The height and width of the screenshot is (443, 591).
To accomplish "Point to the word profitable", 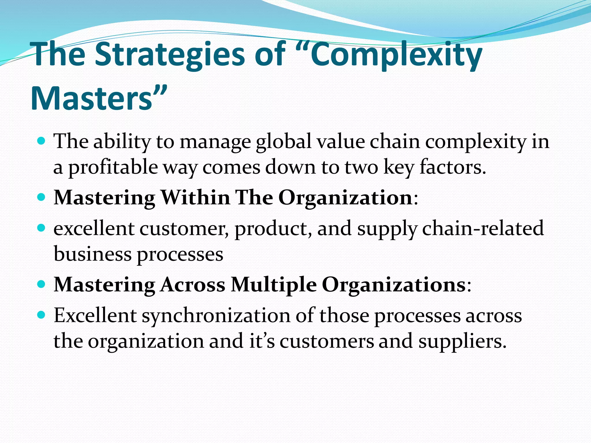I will click(x=113, y=167).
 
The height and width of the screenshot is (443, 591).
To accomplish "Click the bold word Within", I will click(x=195, y=198).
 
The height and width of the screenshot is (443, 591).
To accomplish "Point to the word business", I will click(x=92, y=254).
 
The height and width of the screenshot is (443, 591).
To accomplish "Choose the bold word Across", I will click(x=192, y=285).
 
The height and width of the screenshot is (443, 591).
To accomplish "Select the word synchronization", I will click(x=216, y=316).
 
